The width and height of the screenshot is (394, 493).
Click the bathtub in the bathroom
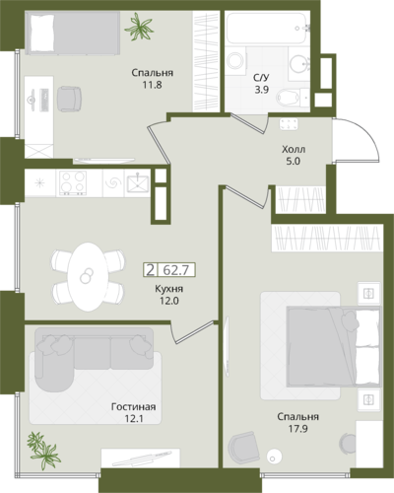[x=268, y=28]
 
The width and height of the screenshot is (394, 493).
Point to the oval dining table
[x=88, y=276]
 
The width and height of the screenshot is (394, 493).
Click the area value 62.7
[x=176, y=270]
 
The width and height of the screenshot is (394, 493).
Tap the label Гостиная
[x=133, y=407]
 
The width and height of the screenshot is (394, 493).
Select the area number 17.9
[x=298, y=429]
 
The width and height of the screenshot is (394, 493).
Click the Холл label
[x=294, y=150]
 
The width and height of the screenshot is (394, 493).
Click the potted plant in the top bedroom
[x=139, y=27]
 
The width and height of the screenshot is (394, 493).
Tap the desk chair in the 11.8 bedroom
[x=69, y=99]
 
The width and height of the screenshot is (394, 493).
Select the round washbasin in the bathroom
[x=299, y=64]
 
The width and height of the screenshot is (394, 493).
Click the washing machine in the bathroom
[x=235, y=60]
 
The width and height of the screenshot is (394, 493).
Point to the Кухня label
[x=169, y=289]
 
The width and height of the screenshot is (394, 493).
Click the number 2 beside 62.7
[x=151, y=270]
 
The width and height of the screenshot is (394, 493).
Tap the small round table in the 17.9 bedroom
[x=274, y=457]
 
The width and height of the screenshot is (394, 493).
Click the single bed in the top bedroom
[x=72, y=32]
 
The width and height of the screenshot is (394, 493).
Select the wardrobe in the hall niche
[x=300, y=199]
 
